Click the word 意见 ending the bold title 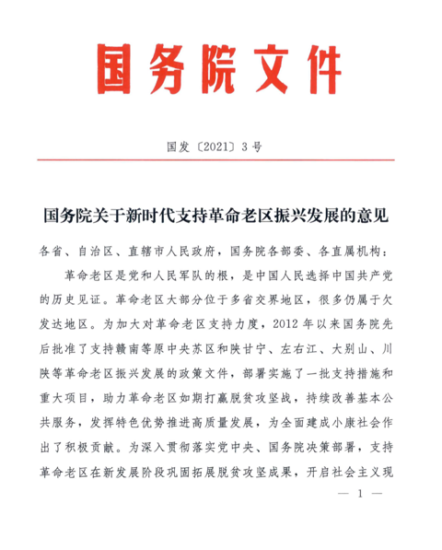(x=378, y=217)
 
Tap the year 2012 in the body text (x=285, y=324)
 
